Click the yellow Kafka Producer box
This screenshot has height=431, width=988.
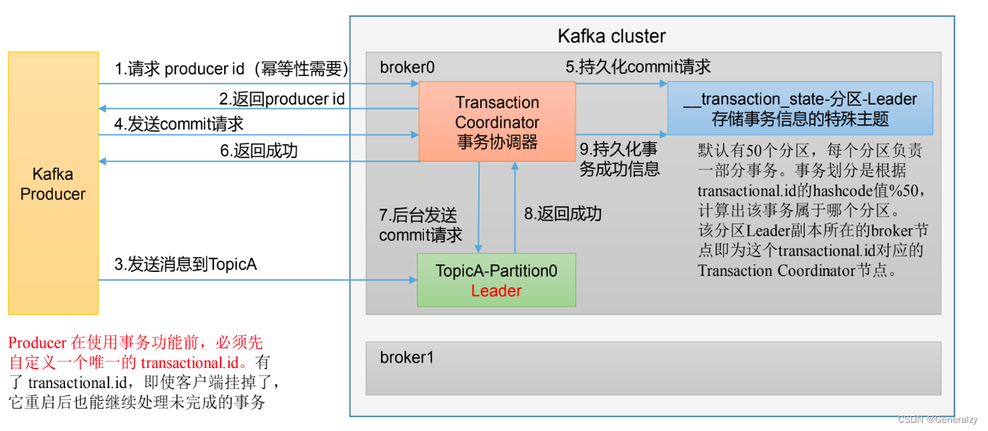point(53,183)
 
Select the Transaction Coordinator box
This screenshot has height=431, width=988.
point(497,122)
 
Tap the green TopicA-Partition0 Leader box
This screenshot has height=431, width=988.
point(496,280)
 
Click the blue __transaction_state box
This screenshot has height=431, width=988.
point(800,109)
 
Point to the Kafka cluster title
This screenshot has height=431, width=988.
point(612,36)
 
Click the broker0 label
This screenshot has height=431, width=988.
point(407,67)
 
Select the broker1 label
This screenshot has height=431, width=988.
point(407,357)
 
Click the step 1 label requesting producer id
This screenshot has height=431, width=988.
point(231,69)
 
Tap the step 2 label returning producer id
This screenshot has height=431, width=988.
point(282,99)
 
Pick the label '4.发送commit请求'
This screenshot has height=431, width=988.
point(179,124)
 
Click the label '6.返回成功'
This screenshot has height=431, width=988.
point(259,150)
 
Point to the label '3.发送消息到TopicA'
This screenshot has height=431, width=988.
point(186,265)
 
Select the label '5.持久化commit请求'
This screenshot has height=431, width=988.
point(638,66)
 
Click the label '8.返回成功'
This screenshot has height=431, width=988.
point(563,214)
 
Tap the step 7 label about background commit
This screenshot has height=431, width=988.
point(421,225)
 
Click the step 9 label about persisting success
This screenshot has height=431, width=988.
point(619,159)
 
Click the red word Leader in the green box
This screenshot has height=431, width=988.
point(496,291)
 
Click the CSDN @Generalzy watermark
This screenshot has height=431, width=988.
point(940,419)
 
